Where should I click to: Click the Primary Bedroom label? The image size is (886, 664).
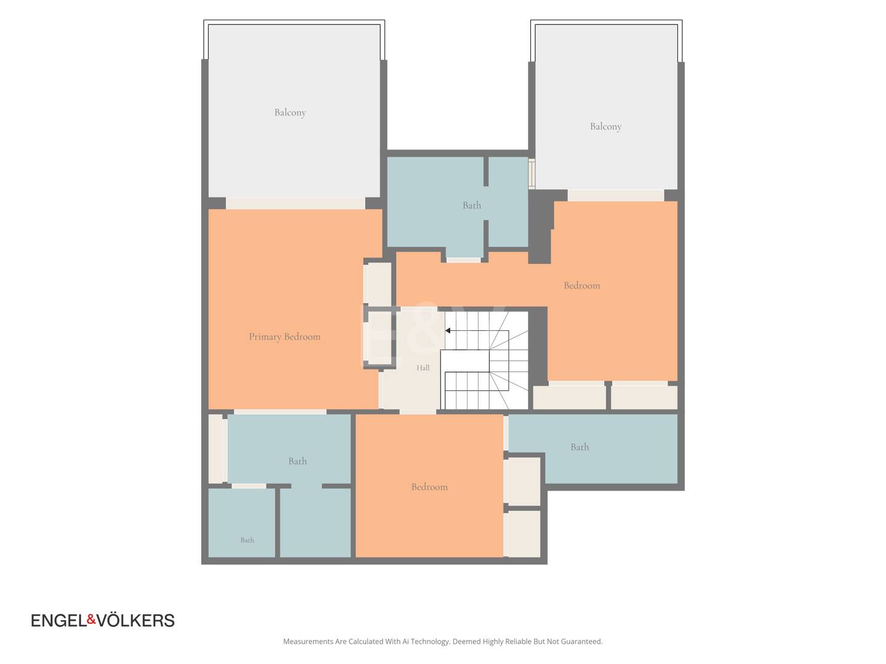(x=285, y=337)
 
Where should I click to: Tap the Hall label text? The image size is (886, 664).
(x=423, y=368)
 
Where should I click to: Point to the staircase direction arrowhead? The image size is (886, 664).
(x=448, y=331)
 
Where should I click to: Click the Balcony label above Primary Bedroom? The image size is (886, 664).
(x=290, y=113)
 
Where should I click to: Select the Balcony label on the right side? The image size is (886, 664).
(x=605, y=127)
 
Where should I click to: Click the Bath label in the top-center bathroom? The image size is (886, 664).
(x=471, y=205)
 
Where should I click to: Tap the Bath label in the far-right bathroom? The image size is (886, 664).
(x=579, y=447)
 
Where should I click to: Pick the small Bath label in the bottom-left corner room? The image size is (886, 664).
(x=247, y=540)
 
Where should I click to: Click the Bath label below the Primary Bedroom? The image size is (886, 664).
(x=297, y=461)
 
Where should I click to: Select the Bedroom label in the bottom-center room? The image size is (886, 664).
(x=429, y=486)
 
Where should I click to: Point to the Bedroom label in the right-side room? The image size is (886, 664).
(x=581, y=285)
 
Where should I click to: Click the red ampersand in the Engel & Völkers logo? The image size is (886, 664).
(x=91, y=619)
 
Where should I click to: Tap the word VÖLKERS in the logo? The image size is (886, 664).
(x=135, y=620)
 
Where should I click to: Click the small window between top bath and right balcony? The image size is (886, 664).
(x=532, y=173)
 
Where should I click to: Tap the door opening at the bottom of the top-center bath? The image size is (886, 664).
(x=463, y=260)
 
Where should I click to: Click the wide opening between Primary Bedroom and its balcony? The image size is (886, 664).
(x=295, y=203)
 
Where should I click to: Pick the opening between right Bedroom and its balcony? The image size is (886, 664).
(x=615, y=195)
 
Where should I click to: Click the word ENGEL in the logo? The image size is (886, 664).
(x=59, y=620)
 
